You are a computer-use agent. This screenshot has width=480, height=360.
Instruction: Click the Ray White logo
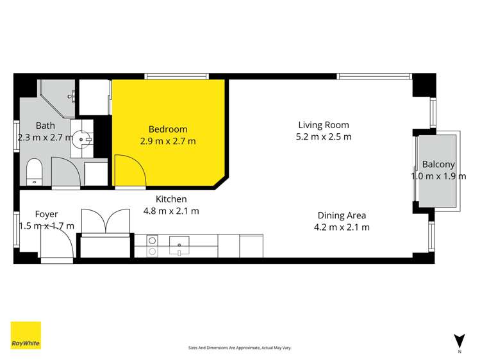pos(26,335)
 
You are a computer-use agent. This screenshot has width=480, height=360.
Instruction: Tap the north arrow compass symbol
pos(459,341)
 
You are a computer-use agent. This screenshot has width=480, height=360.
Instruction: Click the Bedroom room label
pos(168,129)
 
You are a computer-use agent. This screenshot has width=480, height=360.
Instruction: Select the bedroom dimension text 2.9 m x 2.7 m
pos(168,141)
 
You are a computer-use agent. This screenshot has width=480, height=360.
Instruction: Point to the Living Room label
pos(323,125)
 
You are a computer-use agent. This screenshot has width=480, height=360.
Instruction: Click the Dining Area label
pos(341,215)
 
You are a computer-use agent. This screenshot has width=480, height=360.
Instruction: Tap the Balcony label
pos(438,165)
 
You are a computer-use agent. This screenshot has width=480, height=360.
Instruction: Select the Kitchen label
pos(170,199)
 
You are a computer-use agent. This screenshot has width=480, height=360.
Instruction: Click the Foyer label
pos(46,214)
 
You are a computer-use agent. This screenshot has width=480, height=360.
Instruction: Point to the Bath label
pos(45,126)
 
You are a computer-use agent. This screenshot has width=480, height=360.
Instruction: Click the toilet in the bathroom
pos(35,171)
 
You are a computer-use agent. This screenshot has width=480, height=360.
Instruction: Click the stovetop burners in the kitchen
pos(153,246)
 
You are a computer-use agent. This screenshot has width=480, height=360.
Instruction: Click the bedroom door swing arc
pos(129,170)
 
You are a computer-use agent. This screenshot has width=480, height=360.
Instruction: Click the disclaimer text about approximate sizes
pos(240,348)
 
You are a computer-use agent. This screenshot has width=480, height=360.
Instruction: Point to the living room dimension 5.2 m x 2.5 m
pos(323,136)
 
